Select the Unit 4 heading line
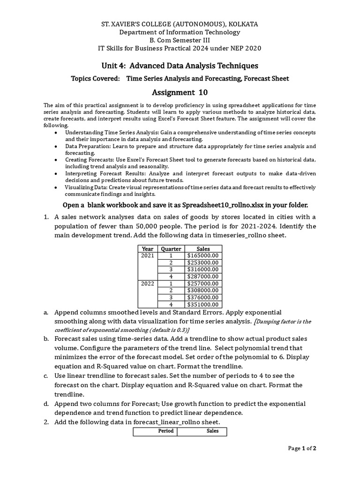click(180, 66)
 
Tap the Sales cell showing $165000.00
click(203, 256)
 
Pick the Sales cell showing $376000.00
click(203, 297)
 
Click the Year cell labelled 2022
click(148, 284)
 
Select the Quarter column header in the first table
click(171, 249)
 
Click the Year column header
click(148, 249)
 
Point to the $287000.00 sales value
click(203, 277)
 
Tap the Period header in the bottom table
click(165, 431)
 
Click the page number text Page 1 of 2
click(302, 449)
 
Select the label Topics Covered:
click(95, 78)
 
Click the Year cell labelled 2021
click(148, 256)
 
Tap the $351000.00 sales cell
click(203, 304)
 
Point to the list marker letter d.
click(46, 404)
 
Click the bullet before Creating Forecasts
click(56, 159)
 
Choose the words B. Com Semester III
click(180, 40)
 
